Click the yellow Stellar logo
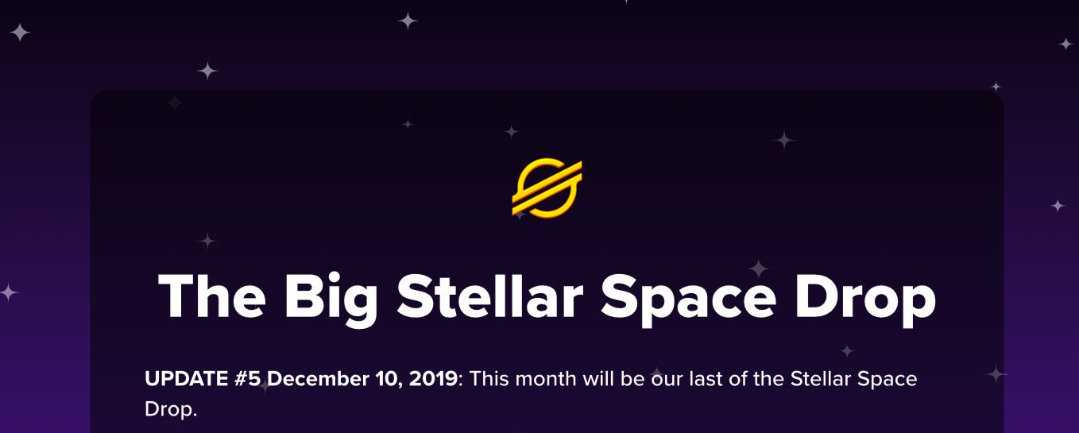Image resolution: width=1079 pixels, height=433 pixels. pos(547,188)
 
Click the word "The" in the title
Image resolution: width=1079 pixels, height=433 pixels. pos(212,296)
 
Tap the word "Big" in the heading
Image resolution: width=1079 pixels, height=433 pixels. pos(331,300)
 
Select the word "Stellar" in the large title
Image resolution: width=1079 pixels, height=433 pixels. pos(490,296)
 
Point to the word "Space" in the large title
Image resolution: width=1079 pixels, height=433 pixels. pos(688,300)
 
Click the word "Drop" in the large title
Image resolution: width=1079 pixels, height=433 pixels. pos(865,300)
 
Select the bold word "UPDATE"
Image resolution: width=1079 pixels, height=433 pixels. pos(187,379)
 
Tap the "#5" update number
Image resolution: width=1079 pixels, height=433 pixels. pos(248,379)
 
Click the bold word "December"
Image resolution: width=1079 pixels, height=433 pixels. pos(318,379)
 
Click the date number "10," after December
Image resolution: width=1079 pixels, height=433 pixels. pos(389,380)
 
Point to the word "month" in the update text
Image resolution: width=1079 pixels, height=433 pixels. pos(546,379)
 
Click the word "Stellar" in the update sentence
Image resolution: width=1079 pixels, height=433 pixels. pos(821,379)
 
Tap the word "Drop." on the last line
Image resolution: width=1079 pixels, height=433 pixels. pos(171,410)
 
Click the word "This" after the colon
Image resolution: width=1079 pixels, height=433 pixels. pos(489,379)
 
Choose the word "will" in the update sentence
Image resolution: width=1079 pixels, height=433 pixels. pos(598,379)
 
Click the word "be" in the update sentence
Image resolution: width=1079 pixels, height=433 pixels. pos(632,379)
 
